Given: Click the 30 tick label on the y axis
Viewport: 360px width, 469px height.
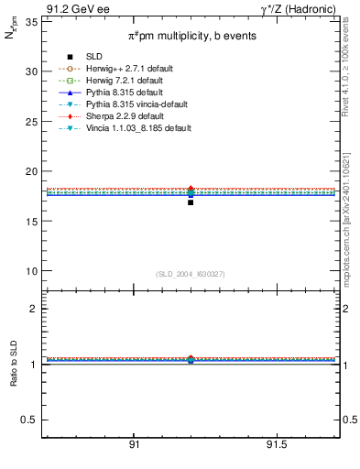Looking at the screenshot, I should [x=30, y=71].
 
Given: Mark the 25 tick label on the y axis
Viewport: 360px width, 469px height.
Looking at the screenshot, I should [x=30, y=121].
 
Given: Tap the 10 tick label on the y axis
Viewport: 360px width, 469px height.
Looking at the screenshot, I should [x=30, y=271].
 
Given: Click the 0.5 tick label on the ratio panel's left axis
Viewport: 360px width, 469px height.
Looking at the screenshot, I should [x=27, y=420].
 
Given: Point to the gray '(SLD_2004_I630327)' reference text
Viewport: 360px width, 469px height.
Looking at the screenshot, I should [x=191, y=274].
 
